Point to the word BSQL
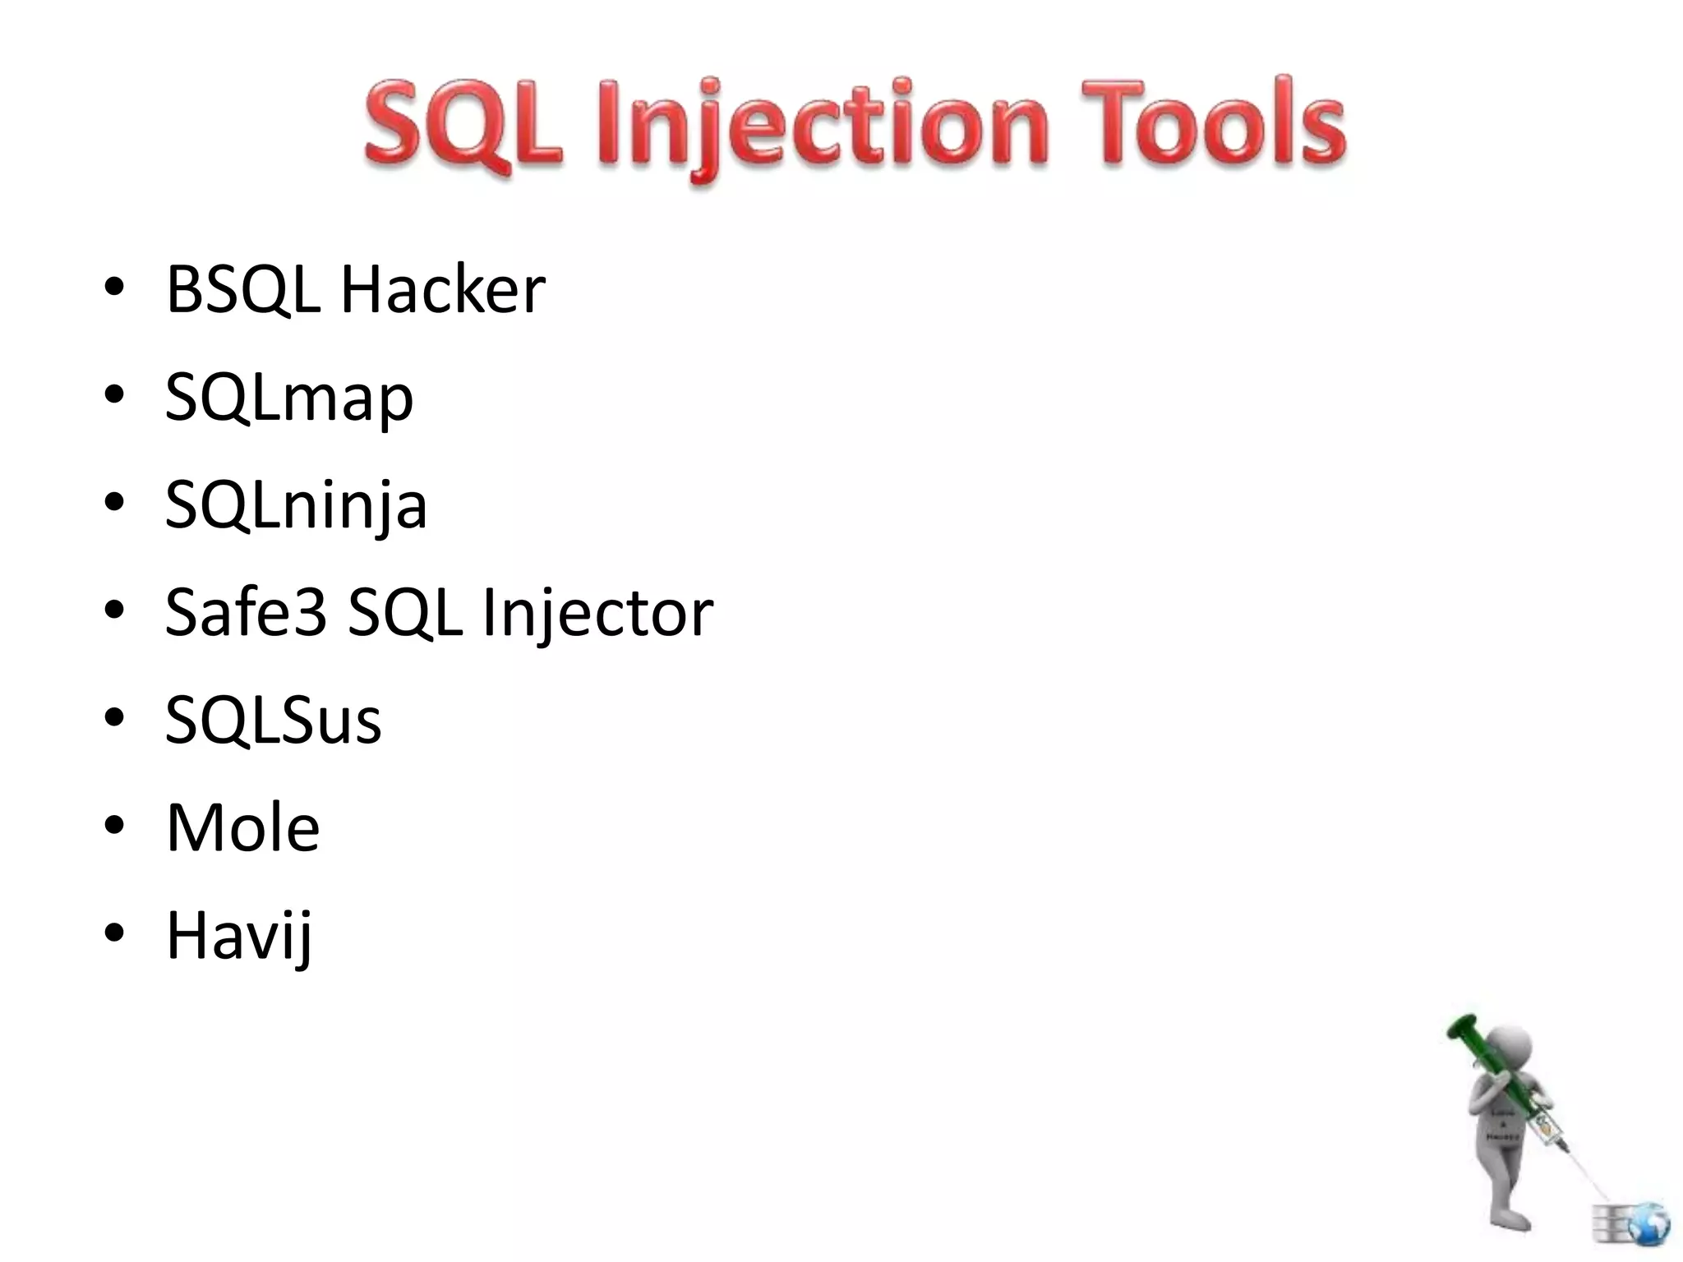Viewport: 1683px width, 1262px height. pos(242,291)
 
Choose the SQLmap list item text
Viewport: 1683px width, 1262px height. pos(288,399)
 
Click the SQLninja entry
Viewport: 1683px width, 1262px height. pos(296,506)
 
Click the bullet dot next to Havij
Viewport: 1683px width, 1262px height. pos(114,933)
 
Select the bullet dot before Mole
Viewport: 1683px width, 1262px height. pos(114,825)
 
